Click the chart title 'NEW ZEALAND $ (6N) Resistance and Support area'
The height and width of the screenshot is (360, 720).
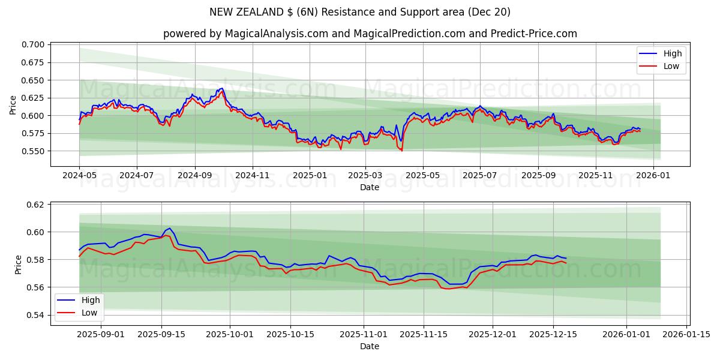(360, 12)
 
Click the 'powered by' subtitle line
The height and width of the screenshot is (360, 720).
(370, 34)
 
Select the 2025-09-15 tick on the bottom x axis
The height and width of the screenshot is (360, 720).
(161, 334)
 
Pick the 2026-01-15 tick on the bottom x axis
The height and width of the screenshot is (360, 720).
(686, 334)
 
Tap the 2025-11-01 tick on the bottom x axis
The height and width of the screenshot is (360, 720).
(364, 334)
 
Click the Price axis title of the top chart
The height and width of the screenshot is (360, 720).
(13, 104)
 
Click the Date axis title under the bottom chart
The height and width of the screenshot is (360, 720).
(370, 346)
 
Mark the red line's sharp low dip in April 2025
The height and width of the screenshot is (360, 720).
(401, 150)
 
